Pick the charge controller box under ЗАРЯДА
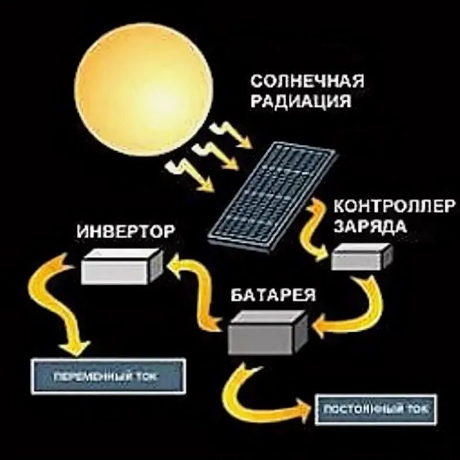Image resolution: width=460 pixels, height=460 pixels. [x=362, y=257]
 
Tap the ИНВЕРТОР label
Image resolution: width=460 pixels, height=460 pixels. [x=126, y=232]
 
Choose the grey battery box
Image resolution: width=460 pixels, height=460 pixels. [x=266, y=332]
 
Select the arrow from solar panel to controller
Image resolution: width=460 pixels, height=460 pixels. [x=314, y=228]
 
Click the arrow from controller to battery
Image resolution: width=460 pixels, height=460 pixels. [x=357, y=307]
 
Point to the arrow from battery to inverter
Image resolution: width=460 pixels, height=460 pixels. [x=196, y=292]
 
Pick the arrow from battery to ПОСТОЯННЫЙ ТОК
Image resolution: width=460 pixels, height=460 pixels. [x=254, y=398]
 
